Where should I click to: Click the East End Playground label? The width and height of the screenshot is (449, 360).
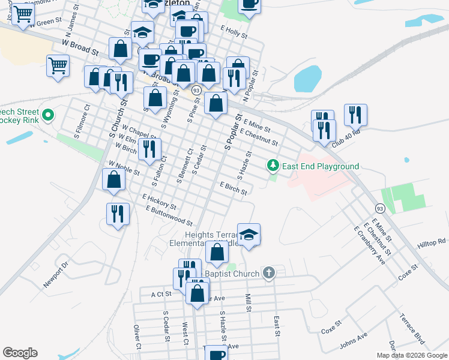(x=321, y=166)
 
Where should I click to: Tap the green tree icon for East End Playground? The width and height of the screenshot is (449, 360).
(x=273, y=164)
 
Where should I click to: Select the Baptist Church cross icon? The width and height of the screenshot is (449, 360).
(x=269, y=274)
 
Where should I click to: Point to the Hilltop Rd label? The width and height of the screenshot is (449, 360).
(x=432, y=242)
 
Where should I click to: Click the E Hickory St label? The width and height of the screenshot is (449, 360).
(x=159, y=201)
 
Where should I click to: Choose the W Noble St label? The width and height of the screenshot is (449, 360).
(x=124, y=168)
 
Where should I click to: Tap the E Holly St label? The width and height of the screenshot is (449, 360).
(x=234, y=32)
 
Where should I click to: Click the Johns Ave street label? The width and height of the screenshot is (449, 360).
(x=354, y=339)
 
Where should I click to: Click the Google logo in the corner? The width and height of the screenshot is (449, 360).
(x=20, y=353)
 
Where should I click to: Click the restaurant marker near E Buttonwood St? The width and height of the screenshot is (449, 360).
(x=118, y=214)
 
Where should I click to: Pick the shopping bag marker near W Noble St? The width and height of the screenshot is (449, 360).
(x=113, y=179)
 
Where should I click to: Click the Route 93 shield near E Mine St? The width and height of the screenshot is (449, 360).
(x=380, y=208)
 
